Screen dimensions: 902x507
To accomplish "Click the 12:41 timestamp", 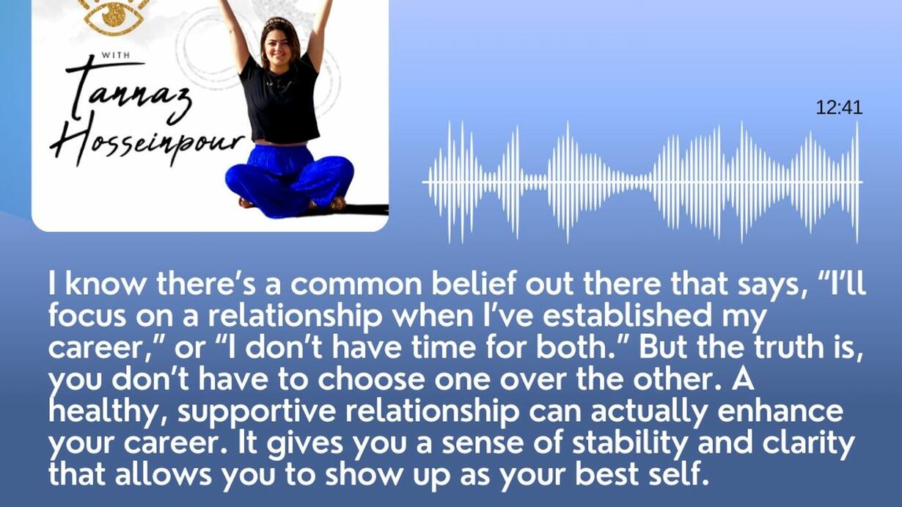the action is click(x=839, y=108).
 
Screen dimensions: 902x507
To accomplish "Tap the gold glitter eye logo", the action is click(x=114, y=16).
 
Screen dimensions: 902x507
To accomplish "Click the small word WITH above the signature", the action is click(x=115, y=55).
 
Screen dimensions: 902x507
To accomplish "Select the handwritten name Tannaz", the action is click(x=128, y=93).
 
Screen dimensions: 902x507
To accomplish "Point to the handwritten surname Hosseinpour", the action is click(x=147, y=140).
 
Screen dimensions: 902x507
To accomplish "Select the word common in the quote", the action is click(x=356, y=284).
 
